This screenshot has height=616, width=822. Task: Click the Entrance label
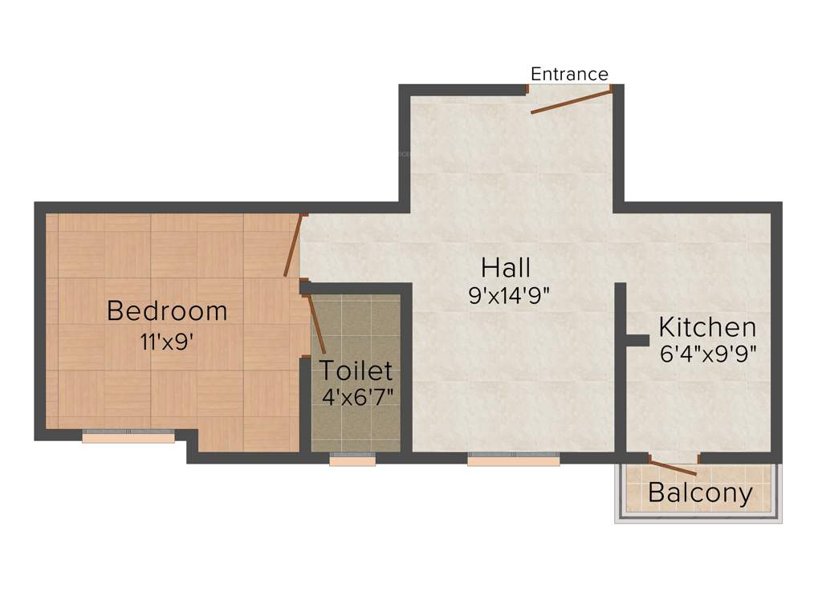pyautogui.click(x=569, y=74)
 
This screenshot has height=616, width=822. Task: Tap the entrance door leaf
pyautogui.click(x=571, y=102)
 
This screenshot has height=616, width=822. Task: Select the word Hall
pyautogui.click(x=506, y=267)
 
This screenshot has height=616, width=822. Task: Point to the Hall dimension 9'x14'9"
pyautogui.click(x=508, y=295)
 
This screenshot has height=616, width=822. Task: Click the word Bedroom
pyautogui.click(x=167, y=310)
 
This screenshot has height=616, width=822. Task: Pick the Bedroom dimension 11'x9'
pyautogui.click(x=167, y=341)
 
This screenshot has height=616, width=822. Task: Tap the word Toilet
pyautogui.click(x=356, y=371)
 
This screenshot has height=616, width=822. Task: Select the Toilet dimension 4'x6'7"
pyautogui.click(x=356, y=397)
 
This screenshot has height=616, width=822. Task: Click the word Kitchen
pyautogui.click(x=707, y=327)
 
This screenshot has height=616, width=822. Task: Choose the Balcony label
pyautogui.click(x=700, y=493)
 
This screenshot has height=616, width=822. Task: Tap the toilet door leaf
pyautogui.click(x=316, y=325)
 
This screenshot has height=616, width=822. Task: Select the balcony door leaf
pyautogui.click(x=673, y=468)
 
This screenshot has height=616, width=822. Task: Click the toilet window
pyautogui.click(x=352, y=460)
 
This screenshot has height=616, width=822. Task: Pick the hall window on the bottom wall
pyautogui.click(x=514, y=460)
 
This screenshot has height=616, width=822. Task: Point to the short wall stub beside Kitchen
pyautogui.click(x=636, y=340)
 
